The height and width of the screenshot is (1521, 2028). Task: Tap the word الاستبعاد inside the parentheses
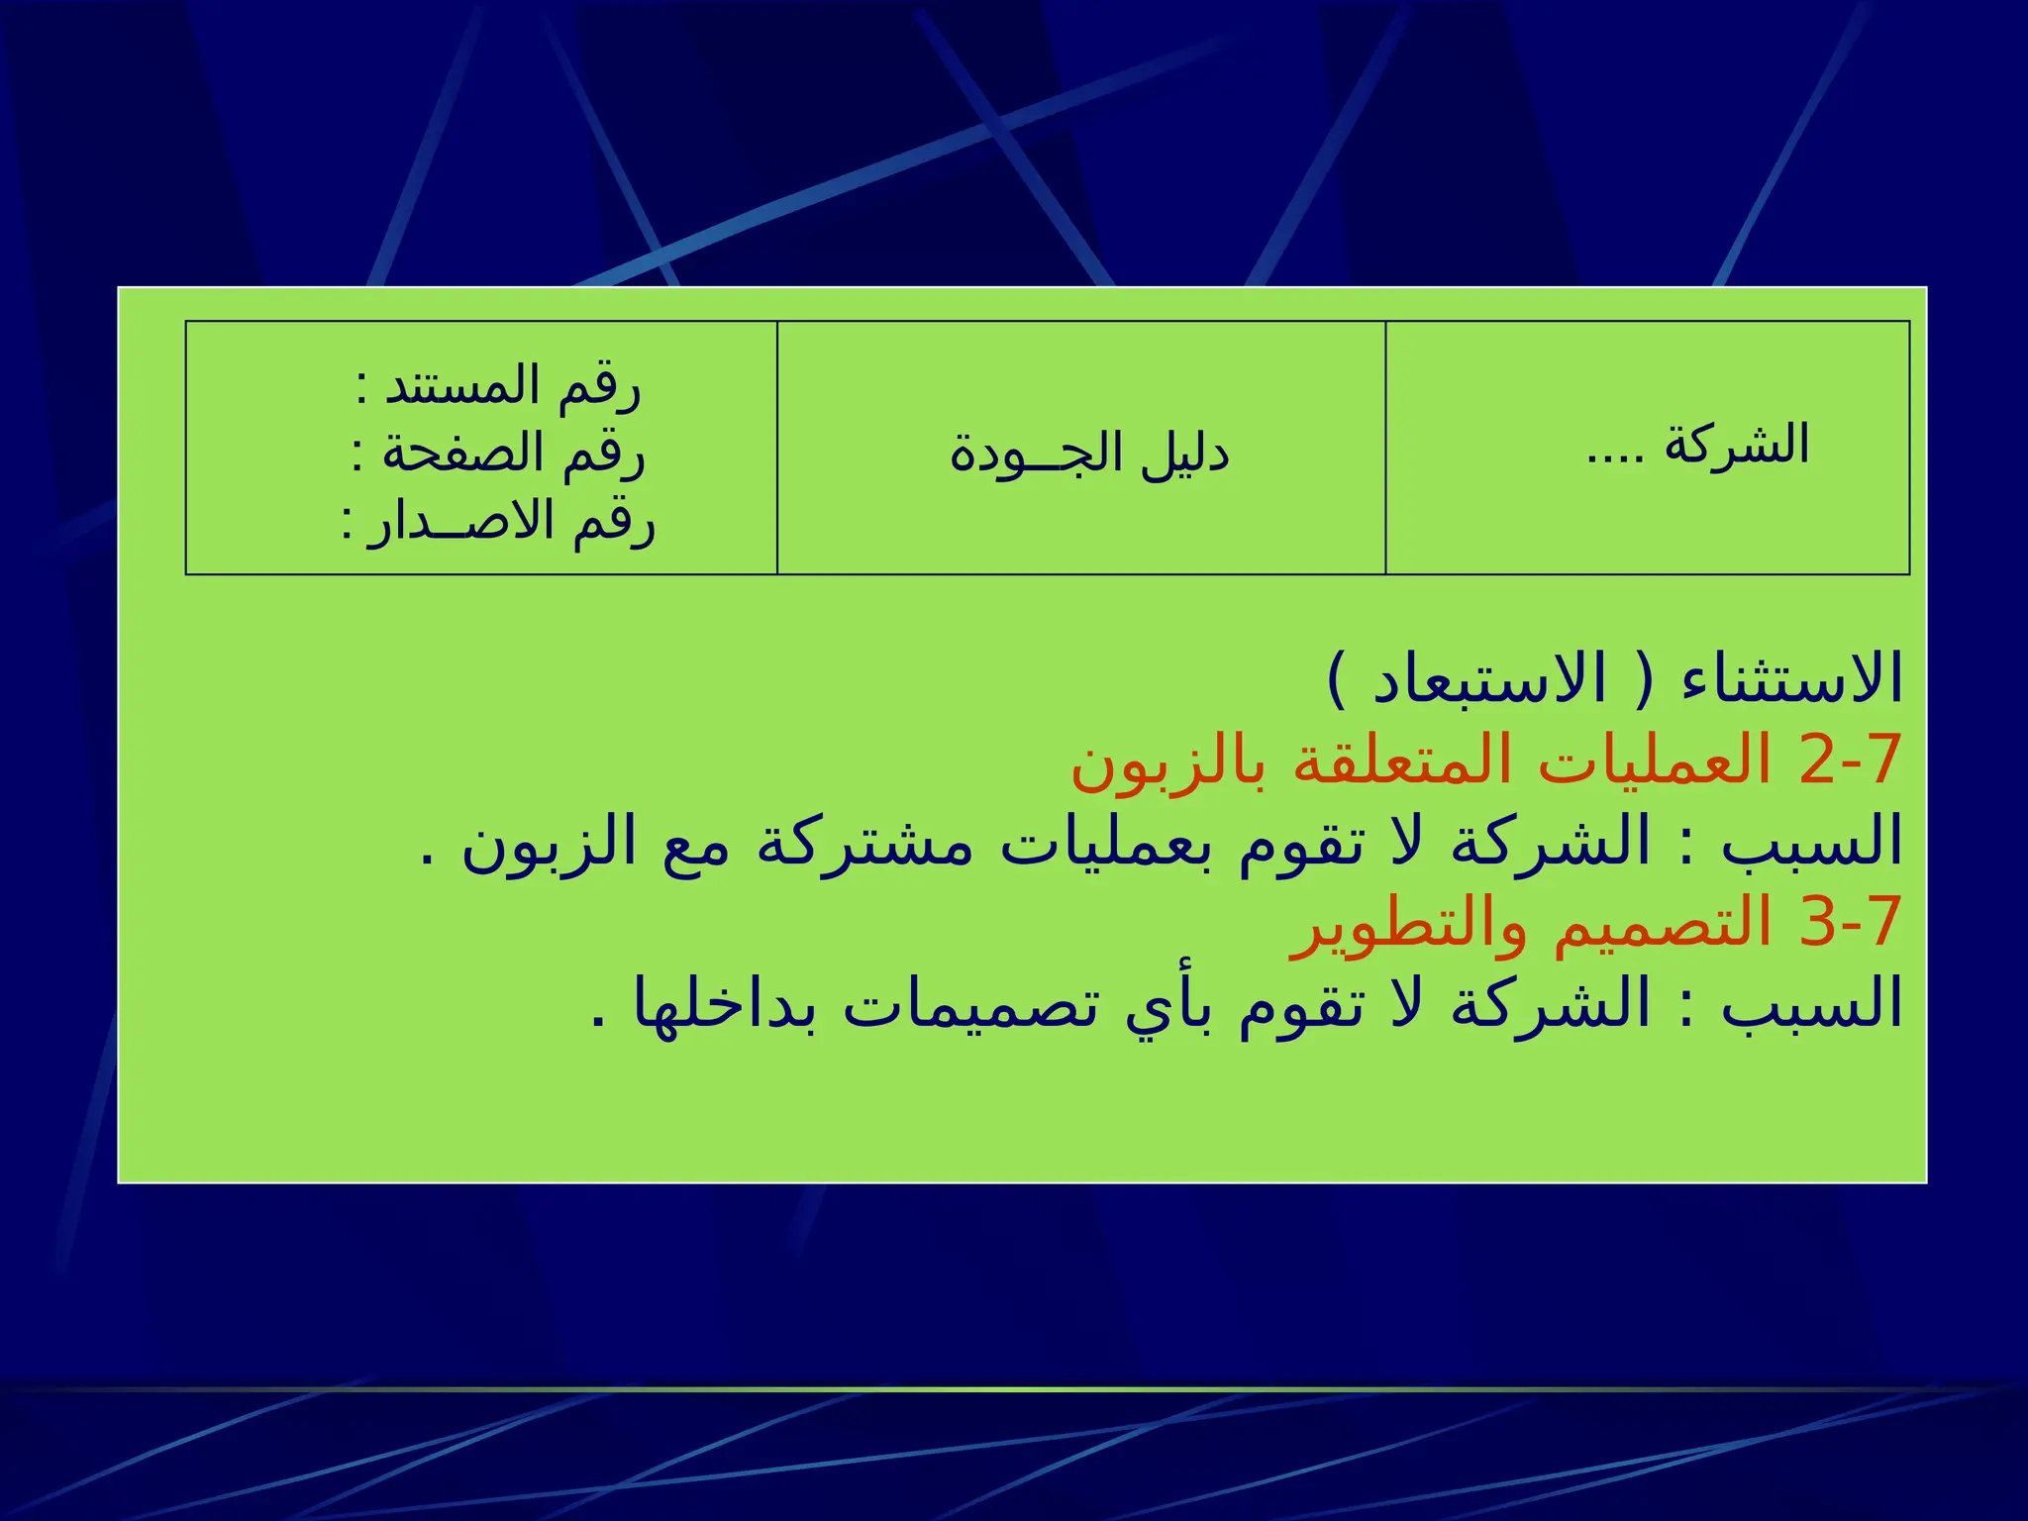[1489, 680]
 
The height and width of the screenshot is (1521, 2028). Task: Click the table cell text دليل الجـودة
[1089, 454]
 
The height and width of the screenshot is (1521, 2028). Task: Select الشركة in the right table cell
[1736, 445]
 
